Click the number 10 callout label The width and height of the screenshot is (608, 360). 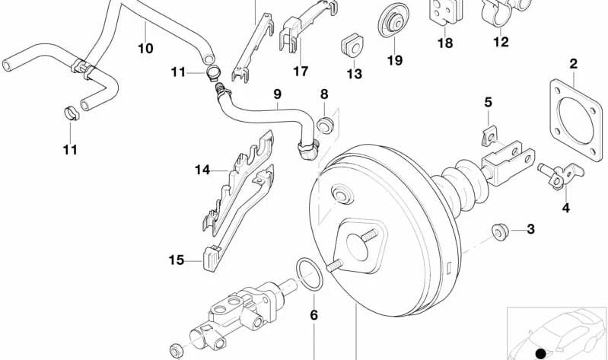pos(145,49)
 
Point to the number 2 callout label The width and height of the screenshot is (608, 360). pos(573,64)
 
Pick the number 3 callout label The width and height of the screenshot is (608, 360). pos(530,228)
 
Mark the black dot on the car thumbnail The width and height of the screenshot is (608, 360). pos(541,352)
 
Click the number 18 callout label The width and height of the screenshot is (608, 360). pos(444,43)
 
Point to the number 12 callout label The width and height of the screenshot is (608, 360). pos(500,42)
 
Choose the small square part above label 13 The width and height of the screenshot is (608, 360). pos(352,46)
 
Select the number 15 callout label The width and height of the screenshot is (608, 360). pos(177,260)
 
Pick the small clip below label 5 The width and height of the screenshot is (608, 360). pos(489,137)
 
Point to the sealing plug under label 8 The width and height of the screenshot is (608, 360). pos(325,125)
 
